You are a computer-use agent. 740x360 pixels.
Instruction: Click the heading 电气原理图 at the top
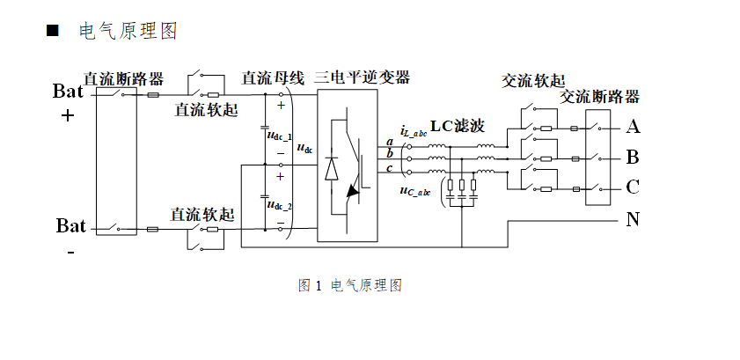point(128,32)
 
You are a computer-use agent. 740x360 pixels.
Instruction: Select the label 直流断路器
point(123,78)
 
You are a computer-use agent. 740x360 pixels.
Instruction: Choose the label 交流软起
point(533,81)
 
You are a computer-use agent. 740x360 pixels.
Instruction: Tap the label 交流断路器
point(600,97)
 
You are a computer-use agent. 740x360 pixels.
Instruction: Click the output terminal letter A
point(633,128)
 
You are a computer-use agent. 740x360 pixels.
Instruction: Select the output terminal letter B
point(633,158)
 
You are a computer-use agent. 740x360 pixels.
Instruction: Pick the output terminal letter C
point(633,187)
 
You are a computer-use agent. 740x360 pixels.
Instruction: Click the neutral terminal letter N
point(633,219)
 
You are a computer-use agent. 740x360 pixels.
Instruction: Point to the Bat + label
point(69,102)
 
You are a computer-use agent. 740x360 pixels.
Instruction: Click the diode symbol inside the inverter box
point(332,167)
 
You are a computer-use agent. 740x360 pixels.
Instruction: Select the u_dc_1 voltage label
point(279,136)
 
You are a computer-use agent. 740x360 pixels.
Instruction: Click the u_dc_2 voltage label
point(279,205)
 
